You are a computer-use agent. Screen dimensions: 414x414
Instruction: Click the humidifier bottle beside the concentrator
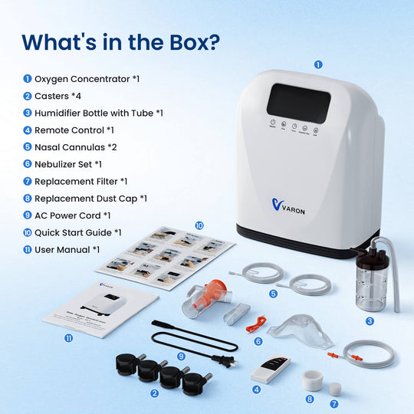[x=370, y=284]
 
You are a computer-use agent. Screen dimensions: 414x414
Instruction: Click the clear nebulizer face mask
[x=301, y=330]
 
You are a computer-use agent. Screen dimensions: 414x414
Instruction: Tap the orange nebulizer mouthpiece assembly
[x=211, y=296]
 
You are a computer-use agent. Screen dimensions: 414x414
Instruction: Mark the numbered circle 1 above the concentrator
[x=318, y=65]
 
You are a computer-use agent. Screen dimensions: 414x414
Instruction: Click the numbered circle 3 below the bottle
[x=370, y=321]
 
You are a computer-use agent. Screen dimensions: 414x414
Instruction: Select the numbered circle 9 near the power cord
[x=182, y=356]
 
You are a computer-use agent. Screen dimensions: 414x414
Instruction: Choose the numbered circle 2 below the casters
[x=155, y=394]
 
